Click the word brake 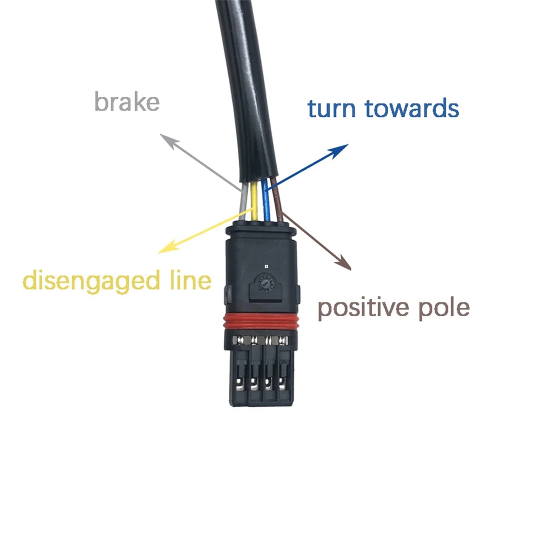point(127,102)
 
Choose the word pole point(444,307)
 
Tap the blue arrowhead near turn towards point(342,148)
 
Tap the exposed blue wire point(266,202)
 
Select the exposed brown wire point(278,202)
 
